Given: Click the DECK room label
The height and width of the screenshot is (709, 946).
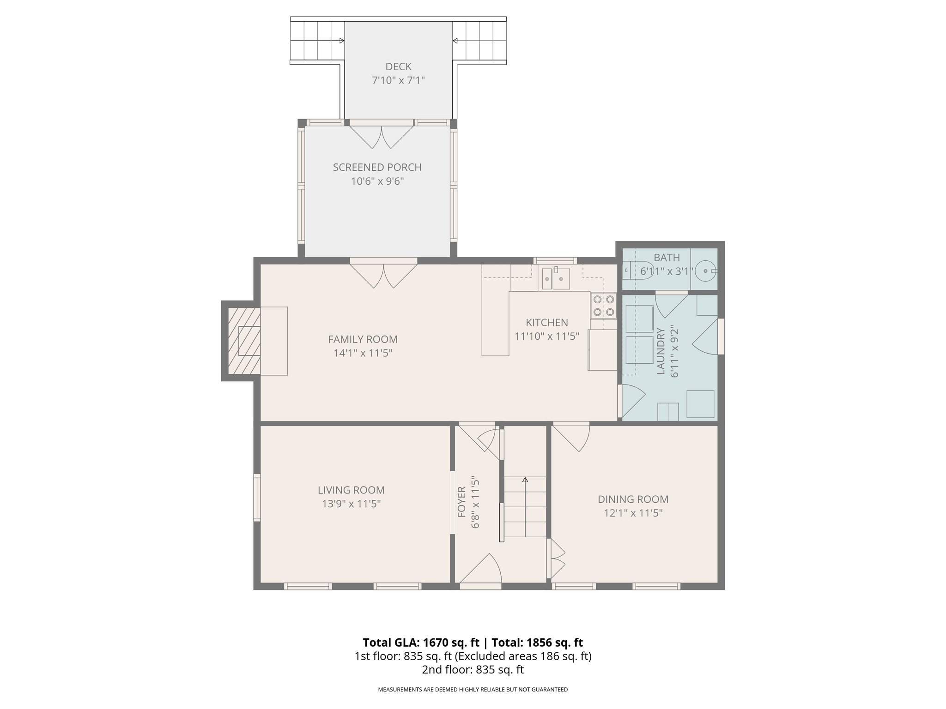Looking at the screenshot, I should [398, 67].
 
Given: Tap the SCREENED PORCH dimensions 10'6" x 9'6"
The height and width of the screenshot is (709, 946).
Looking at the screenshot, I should [377, 181].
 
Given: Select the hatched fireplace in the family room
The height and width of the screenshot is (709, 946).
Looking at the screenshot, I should [244, 341].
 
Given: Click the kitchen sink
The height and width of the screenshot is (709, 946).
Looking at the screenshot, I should [556, 278].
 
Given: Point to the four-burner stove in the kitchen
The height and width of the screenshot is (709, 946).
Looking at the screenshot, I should [603, 306].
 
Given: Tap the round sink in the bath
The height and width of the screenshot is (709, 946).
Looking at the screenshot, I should [705, 270].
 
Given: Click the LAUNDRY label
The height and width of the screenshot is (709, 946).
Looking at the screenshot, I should [661, 351].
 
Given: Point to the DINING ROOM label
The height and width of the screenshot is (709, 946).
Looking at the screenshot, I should [633, 499].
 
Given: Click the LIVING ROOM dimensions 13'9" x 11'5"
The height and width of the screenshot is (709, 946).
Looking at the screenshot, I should [351, 504].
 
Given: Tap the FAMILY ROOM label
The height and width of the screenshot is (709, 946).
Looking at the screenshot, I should [363, 339].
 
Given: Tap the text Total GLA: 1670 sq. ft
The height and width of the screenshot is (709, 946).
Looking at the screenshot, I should [421, 643].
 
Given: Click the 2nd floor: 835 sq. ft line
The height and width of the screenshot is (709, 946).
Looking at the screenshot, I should [473, 669].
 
